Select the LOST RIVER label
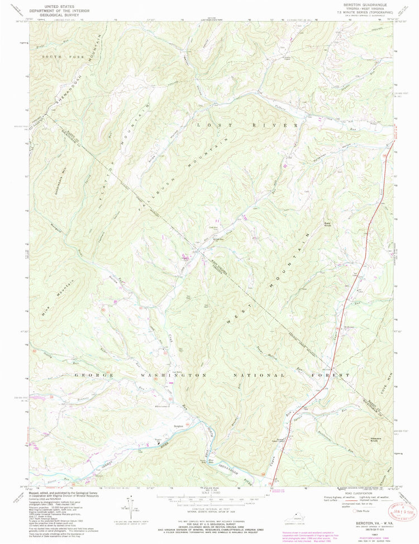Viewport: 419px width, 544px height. [x=248, y=126]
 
